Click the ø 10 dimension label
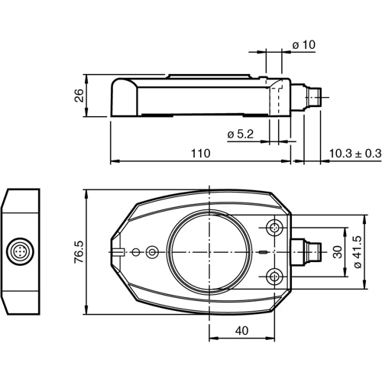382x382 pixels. [x=303, y=46]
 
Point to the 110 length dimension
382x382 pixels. [x=200, y=154]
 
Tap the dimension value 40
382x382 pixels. [x=241, y=332]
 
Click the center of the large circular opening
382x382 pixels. [x=209, y=251]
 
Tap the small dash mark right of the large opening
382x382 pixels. [x=263, y=251]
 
